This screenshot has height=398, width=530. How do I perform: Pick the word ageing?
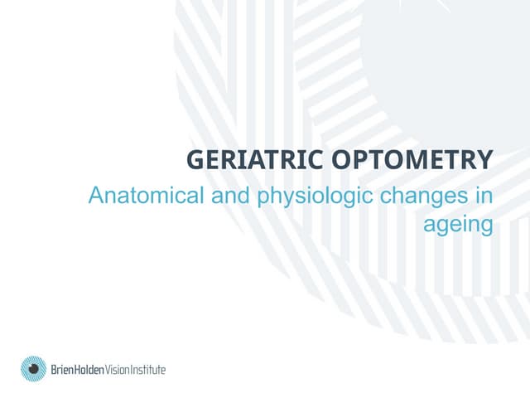(x=458, y=225)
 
